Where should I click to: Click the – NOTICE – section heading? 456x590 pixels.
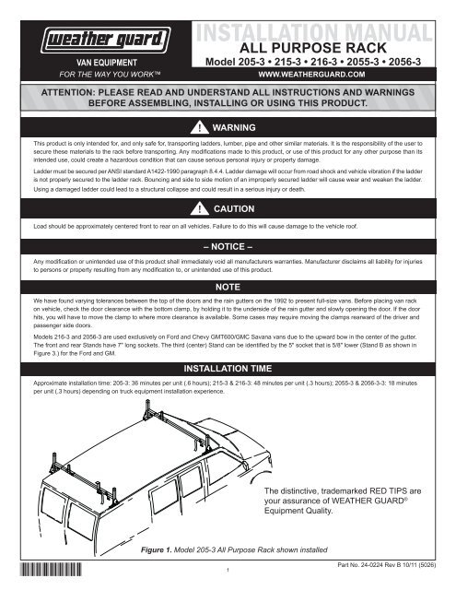228,248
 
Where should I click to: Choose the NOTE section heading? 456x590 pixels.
228,288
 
